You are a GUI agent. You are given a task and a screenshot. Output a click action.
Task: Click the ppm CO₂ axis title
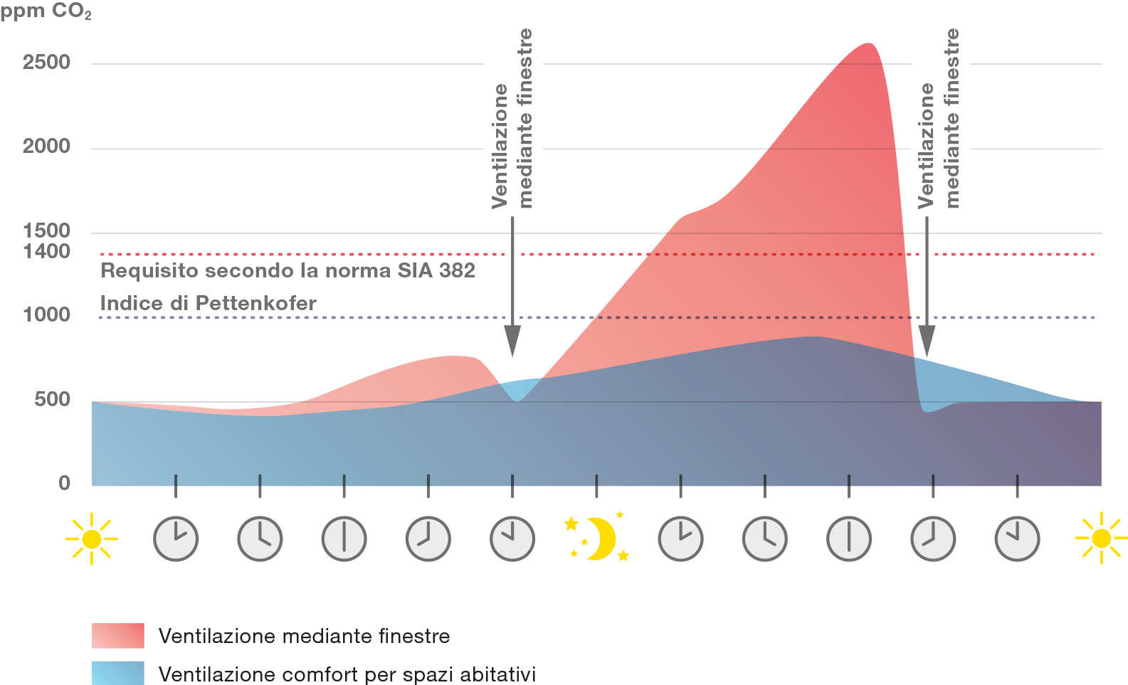[x=46, y=13]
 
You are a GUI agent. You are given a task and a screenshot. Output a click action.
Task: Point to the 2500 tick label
[x=46, y=63]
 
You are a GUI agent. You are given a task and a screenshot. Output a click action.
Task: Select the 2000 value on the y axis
[x=46, y=147]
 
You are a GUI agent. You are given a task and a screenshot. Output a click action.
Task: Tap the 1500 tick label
[x=46, y=230]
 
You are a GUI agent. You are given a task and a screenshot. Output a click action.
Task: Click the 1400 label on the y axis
[x=46, y=251]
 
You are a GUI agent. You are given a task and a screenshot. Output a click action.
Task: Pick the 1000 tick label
[x=46, y=314]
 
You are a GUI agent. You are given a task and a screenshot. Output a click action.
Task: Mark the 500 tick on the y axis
[x=52, y=399]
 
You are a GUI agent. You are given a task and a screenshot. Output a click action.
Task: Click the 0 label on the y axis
[x=64, y=483]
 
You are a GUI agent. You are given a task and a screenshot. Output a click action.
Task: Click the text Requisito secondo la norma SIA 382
[x=288, y=271]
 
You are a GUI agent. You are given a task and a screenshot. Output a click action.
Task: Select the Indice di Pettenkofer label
[x=208, y=304]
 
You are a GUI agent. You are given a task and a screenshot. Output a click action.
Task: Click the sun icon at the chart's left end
[x=91, y=538]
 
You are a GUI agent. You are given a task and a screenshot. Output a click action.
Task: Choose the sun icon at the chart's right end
[x=1100, y=538]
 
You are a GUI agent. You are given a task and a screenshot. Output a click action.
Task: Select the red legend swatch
[x=117, y=635]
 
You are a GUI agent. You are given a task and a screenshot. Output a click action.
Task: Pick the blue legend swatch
[x=117, y=673]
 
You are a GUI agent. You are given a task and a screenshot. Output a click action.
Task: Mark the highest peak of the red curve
[x=868, y=45]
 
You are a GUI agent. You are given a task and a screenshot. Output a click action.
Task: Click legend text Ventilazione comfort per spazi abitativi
[x=347, y=674]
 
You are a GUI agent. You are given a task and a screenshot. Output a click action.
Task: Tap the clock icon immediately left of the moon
[x=512, y=538]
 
